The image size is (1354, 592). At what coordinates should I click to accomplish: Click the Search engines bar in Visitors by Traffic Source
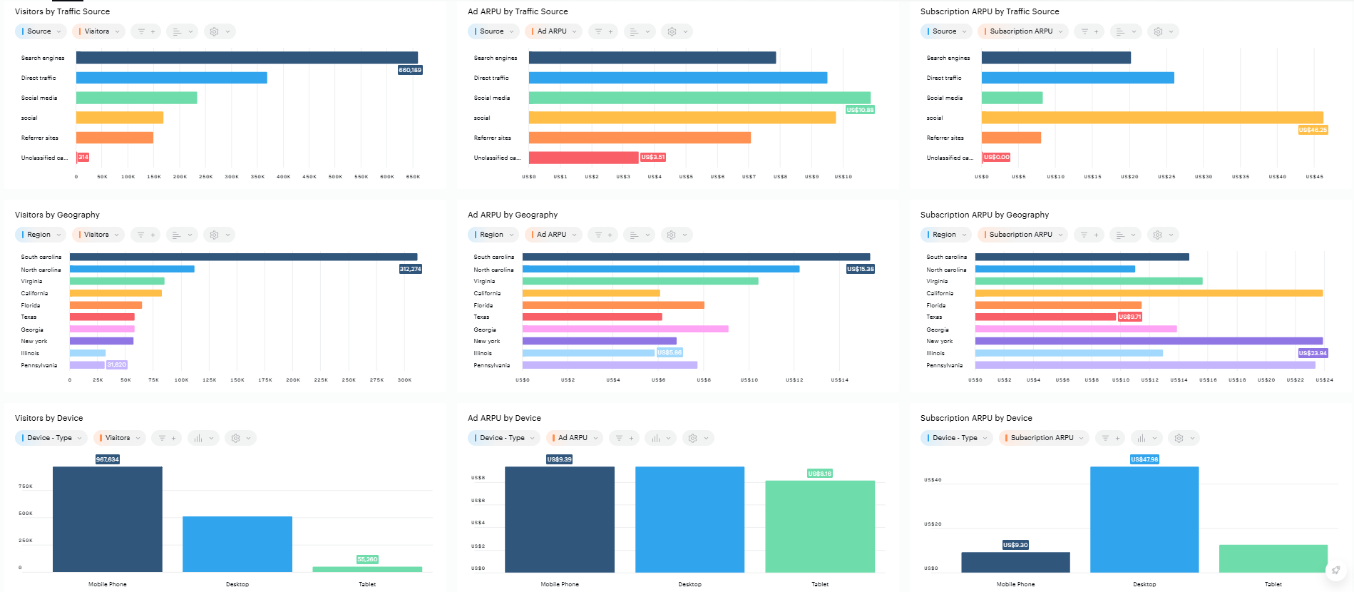(x=247, y=58)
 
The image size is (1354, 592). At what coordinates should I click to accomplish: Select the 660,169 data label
(x=410, y=70)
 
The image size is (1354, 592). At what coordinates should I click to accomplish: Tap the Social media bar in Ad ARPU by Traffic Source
(x=699, y=98)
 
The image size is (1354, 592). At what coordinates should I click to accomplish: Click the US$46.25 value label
(x=1313, y=130)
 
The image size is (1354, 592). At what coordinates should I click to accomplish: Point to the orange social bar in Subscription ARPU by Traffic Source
(x=1152, y=118)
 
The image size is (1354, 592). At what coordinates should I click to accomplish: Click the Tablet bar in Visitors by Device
(x=367, y=569)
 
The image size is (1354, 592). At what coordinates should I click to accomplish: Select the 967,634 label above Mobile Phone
(x=108, y=459)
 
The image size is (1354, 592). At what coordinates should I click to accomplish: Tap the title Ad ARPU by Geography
(x=512, y=215)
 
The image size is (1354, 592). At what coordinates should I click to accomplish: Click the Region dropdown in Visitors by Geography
(x=40, y=235)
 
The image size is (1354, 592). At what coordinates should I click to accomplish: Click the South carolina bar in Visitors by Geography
(x=243, y=257)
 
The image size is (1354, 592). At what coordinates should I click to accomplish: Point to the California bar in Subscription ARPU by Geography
(x=1148, y=293)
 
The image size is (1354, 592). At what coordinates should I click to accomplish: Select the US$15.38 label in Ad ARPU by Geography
(x=860, y=269)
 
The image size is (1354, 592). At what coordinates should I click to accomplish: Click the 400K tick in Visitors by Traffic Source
(x=283, y=177)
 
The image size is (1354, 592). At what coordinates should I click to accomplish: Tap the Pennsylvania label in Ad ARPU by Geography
(x=491, y=365)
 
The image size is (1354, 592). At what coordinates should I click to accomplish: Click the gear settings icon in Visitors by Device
(x=236, y=438)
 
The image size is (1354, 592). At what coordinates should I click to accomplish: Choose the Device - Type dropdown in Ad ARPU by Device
(x=503, y=438)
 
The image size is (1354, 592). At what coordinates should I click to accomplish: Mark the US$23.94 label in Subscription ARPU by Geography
(x=1313, y=353)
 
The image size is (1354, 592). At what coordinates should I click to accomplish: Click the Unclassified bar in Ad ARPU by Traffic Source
(x=583, y=158)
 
